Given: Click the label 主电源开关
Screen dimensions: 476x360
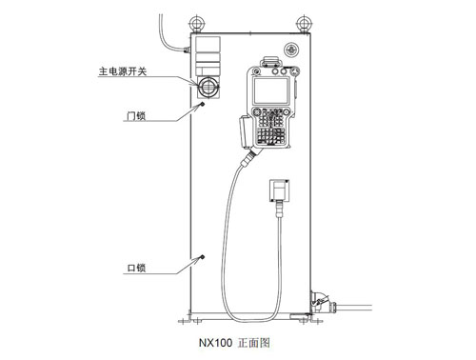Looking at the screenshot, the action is coord(123,71).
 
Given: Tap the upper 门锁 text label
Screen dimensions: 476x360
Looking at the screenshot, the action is coord(136,116).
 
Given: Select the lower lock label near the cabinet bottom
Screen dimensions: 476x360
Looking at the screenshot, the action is coord(136,268).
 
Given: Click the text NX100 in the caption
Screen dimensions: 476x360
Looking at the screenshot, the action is coord(215,343).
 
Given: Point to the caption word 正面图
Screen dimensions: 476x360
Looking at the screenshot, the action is coord(254,343).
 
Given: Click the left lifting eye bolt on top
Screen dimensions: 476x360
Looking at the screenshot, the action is coord(197,24).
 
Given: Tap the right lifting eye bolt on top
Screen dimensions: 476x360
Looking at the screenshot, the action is coord(305,24).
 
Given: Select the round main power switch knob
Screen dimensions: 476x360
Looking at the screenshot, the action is coord(208,86).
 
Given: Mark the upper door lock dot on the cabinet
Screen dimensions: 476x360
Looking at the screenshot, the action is coord(202,104).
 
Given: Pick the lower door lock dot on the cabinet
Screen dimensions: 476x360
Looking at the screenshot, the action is coord(202,257).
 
